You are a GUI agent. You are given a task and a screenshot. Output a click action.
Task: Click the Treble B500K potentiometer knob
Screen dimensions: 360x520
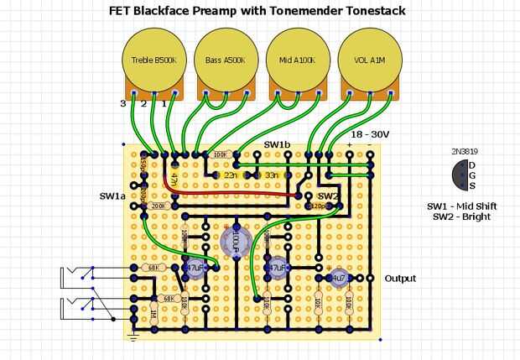(x=154, y=60)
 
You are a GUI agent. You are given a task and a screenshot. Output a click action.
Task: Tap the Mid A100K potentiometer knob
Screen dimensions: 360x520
(x=298, y=60)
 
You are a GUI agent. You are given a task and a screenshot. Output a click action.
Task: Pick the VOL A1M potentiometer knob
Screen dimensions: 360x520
(x=369, y=60)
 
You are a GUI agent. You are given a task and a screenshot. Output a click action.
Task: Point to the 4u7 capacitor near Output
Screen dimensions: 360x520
(x=340, y=278)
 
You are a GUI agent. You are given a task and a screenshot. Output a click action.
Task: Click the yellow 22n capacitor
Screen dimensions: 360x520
(x=231, y=175)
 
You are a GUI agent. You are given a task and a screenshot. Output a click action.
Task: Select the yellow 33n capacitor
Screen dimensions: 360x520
(x=272, y=175)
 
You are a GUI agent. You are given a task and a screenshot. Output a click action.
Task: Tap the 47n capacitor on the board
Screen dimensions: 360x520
(x=174, y=179)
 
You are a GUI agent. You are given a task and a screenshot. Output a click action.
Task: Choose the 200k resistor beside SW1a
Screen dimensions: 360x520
(x=159, y=206)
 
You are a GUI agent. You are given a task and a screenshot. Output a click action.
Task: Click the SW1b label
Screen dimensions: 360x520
(x=278, y=144)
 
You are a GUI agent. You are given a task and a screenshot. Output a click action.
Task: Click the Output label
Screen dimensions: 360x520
(x=400, y=279)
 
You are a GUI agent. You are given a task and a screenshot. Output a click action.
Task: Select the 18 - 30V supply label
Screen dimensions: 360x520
(x=370, y=134)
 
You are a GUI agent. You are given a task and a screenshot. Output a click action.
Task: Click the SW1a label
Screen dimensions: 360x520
(x=112, y=196)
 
